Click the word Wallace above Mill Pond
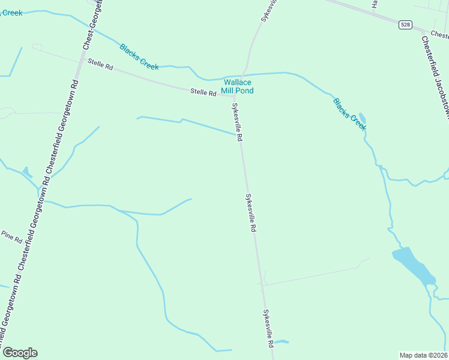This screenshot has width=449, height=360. [238, 82]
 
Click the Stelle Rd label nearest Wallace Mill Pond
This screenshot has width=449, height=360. [203, 92]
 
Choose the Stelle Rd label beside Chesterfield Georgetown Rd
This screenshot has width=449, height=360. [100, 64]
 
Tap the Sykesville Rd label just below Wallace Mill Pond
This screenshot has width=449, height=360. [237, 122]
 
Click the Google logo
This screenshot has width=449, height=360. [20, 353]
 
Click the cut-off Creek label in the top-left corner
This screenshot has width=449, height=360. [11, 13]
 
